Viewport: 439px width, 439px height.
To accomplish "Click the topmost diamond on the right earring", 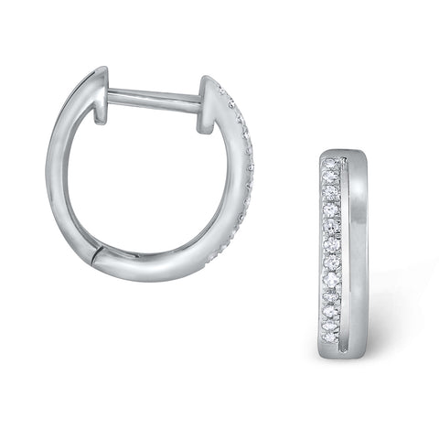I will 331,166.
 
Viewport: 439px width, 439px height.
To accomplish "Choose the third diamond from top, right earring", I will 331,194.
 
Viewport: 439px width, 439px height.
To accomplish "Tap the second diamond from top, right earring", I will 331,179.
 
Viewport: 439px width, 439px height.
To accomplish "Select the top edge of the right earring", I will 344,153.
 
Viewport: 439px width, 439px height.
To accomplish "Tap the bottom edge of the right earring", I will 344,356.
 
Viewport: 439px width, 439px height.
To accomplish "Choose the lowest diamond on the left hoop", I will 209,259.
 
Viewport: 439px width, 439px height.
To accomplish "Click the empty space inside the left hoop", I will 151,183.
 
